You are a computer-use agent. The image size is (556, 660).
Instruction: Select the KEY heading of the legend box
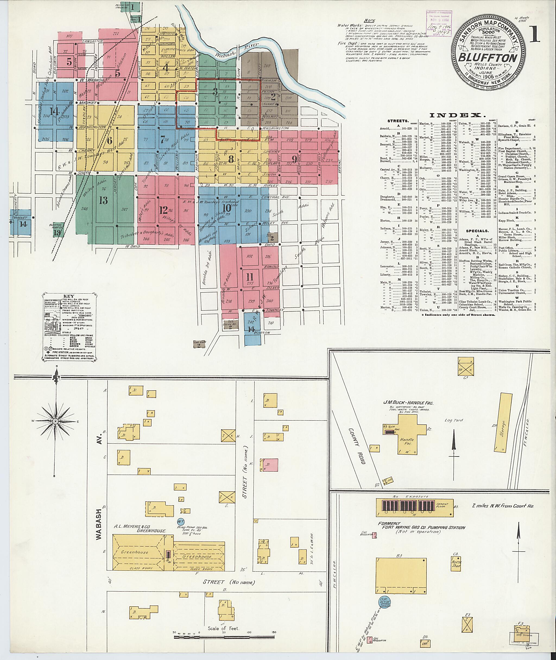[68, 296]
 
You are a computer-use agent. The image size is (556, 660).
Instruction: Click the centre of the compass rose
[55, 421]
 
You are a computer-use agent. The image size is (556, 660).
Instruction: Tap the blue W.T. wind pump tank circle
[181, 521]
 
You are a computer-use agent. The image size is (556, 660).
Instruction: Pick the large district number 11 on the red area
[250, 277]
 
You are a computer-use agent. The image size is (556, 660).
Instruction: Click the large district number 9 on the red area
[294, 158]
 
